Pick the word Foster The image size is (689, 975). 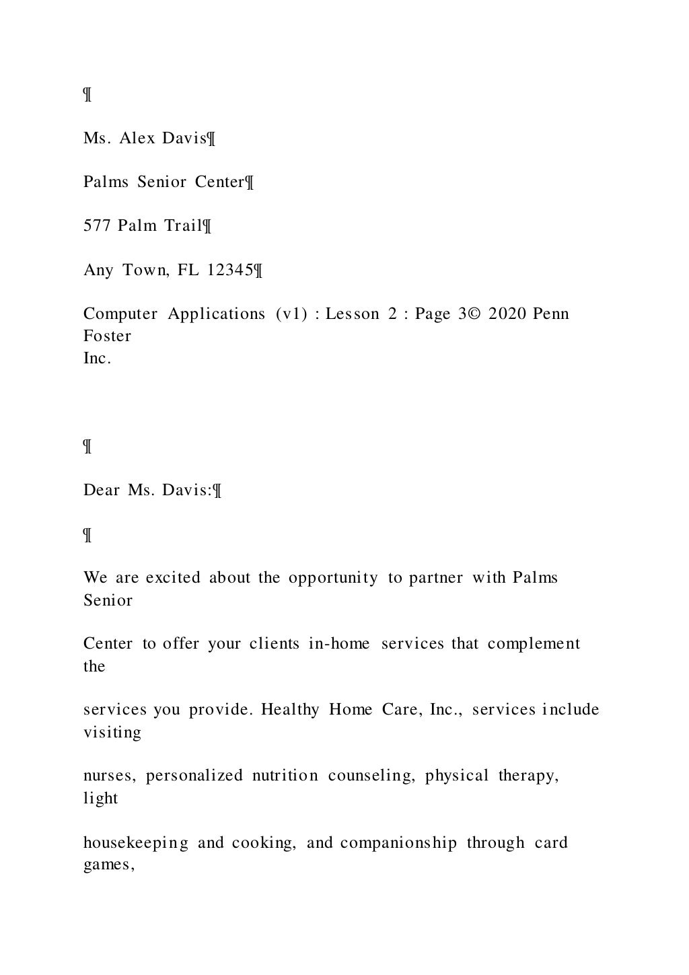pos(107,336)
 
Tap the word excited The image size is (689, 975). pos(172,578)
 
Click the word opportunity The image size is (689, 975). pos(333,578)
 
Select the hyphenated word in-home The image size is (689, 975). pos(338,644)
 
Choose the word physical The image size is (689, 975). pos(457,776)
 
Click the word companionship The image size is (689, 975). pos(398,843)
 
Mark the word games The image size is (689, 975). pos(108,865)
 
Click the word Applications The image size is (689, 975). pos(216,314)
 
